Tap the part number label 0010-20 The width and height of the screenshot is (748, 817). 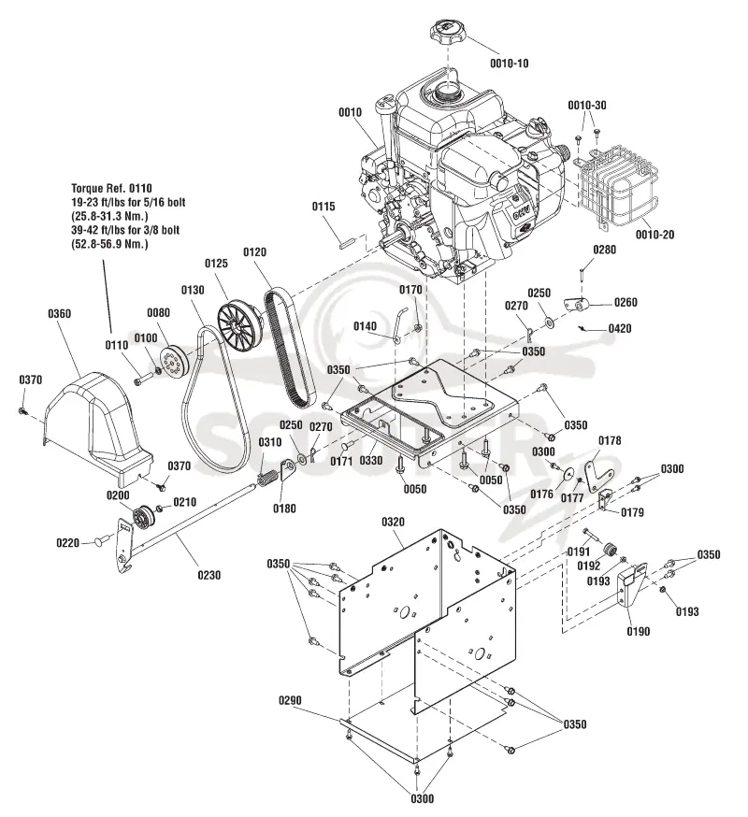coord(654,235)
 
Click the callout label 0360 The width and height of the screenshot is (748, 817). coord(60,314)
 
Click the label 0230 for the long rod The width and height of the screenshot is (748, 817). coord(209,575)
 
